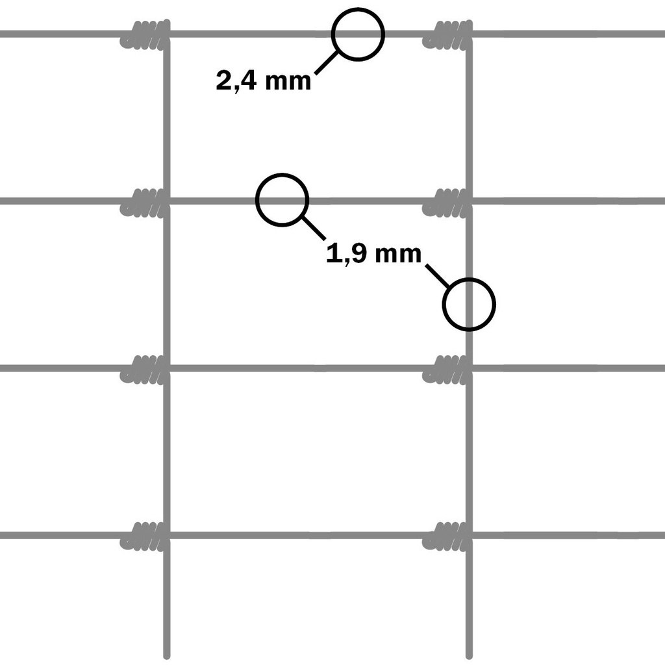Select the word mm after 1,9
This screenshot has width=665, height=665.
397,254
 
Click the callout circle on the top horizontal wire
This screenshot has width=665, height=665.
358,34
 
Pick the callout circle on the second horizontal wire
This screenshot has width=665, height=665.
282,200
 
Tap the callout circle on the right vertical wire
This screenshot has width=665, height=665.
469,304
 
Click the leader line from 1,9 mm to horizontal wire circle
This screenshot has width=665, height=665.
315,229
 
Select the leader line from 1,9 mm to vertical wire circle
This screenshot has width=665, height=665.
436,275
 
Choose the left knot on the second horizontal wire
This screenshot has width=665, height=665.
145,201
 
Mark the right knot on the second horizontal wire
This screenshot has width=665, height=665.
447,201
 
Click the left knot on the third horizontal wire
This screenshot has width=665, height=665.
145,369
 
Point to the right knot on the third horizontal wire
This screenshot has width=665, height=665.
447,369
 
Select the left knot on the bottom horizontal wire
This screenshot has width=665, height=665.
145,536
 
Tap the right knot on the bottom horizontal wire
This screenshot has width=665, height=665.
447,536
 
